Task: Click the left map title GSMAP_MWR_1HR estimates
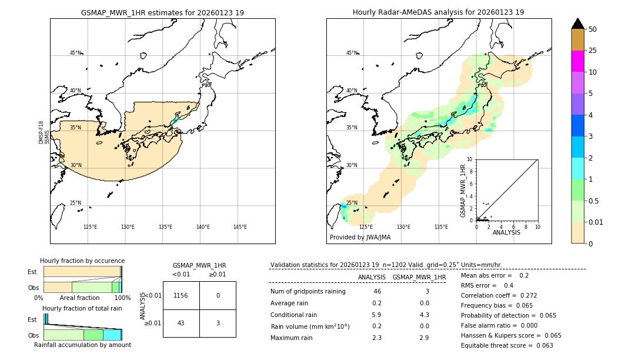(162, 12)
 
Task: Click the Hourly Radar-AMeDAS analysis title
(438, 12)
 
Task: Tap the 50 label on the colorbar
(593, 29)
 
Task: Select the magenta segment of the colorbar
(577, 61)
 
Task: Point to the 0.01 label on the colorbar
(596, 222)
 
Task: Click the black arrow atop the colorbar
(577, 24)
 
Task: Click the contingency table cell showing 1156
(181, 295)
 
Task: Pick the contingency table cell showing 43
(181, 323)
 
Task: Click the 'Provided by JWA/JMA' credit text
(360, 237)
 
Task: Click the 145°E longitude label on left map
(240, 227)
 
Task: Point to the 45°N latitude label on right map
(352, 53)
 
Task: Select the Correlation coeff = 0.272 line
(499, 295)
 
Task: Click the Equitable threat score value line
(507, 345)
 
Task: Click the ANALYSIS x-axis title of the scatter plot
(506, 232)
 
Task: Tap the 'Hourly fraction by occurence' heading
(82, 261)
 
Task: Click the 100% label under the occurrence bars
(122, 298)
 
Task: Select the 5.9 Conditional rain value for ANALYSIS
(377, 315)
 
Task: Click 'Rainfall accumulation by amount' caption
(82, 345)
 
